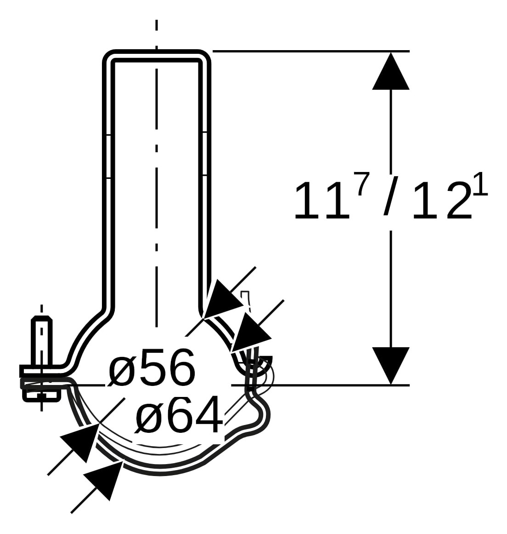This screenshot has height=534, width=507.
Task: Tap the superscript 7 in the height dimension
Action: (363, 184)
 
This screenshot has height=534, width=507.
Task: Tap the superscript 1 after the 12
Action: (480, 184)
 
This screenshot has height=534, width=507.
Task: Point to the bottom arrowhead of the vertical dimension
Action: (391, 366)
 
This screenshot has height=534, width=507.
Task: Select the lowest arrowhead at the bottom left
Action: (103, 481)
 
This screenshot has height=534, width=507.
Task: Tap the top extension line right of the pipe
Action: (311, 51)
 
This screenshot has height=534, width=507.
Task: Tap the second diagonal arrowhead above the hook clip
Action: (251, 333)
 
